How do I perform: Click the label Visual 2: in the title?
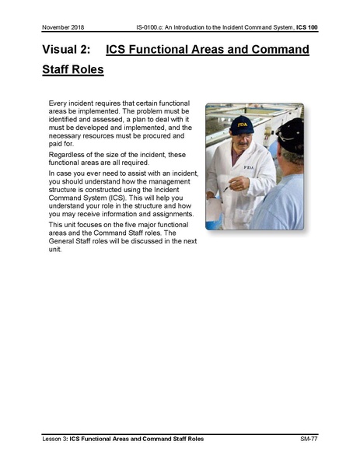67,51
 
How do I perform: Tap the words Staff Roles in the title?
73,69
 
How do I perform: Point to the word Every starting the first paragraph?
58,103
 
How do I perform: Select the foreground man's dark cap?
291,132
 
